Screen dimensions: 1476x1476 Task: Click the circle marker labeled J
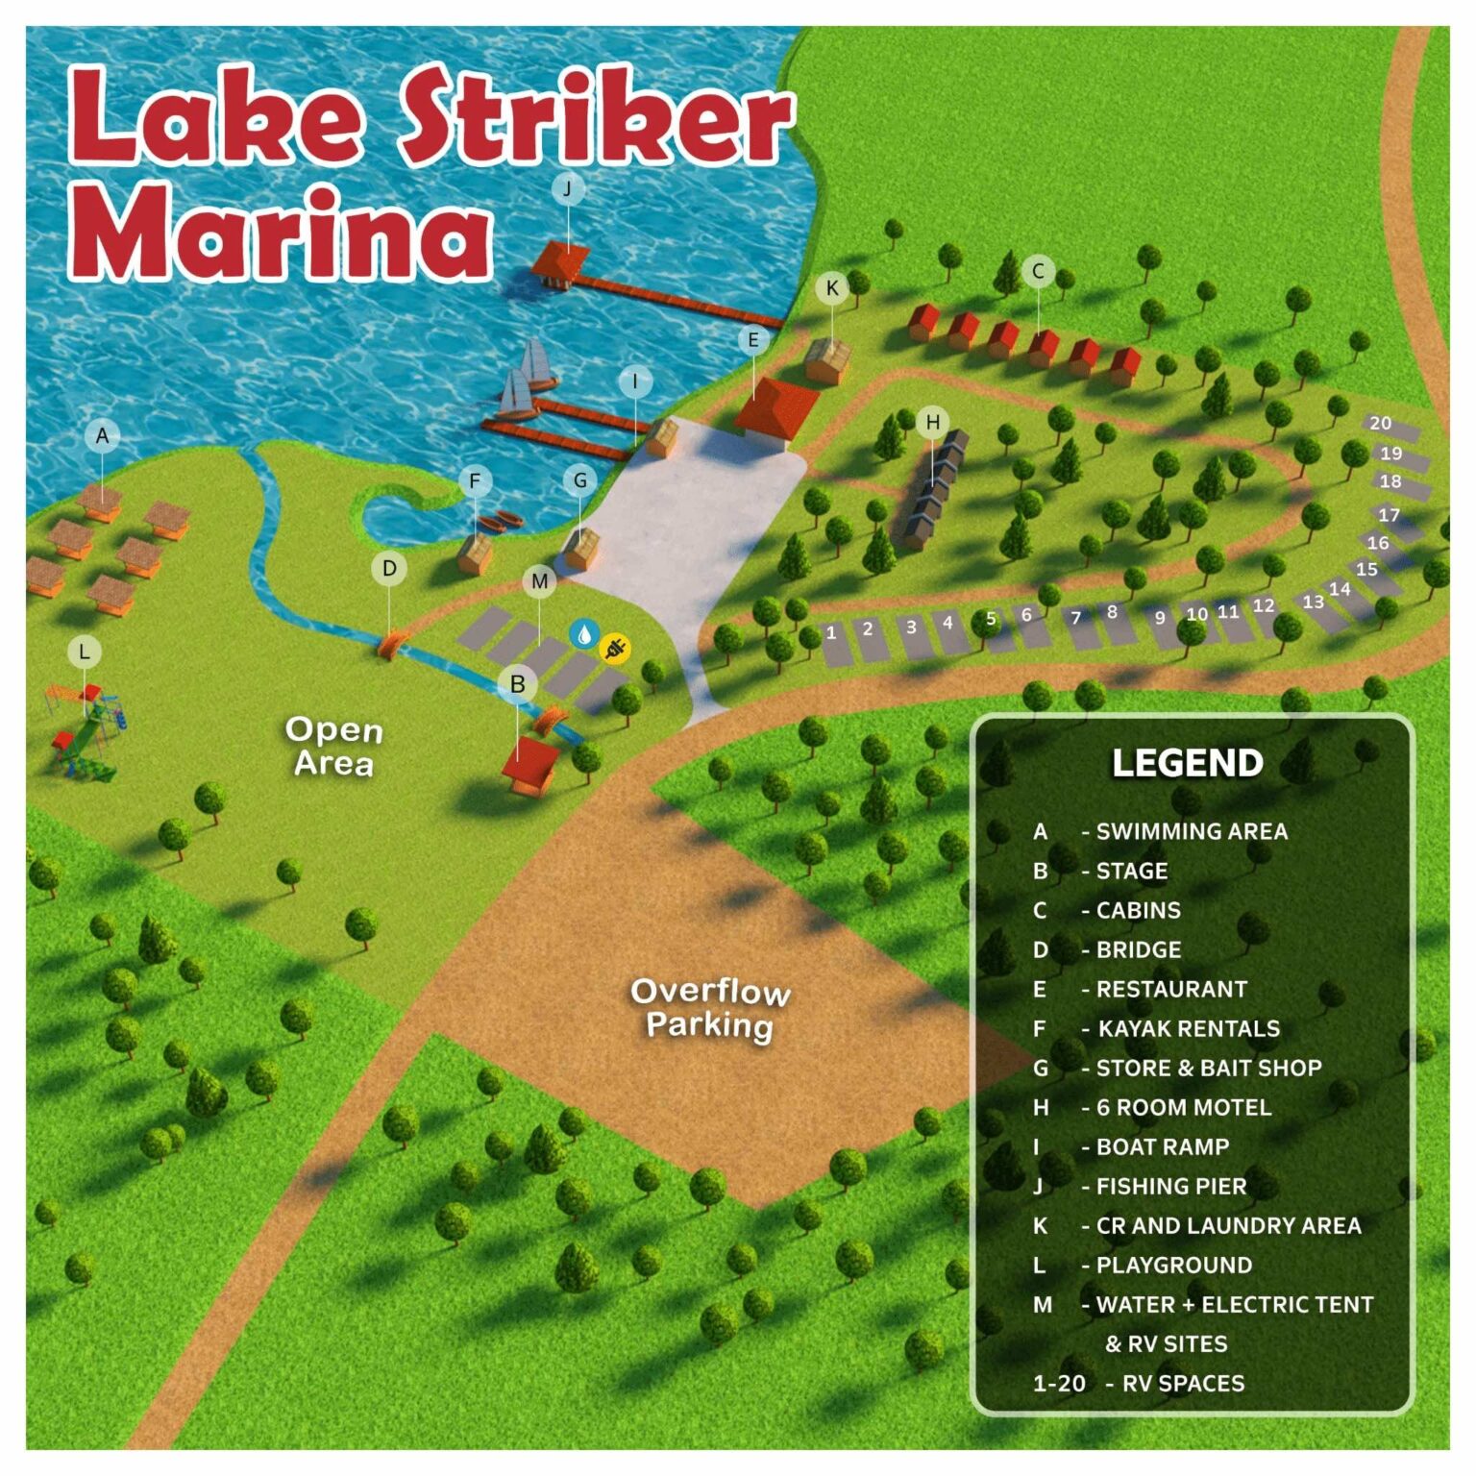[567, 189]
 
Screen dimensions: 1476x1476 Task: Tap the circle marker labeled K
[832, 287]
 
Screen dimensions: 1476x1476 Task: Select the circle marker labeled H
[932, 422]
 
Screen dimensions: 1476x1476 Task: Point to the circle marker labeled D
[389, 568]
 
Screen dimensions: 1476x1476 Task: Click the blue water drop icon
[584, 633]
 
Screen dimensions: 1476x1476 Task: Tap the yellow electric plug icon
[615, 649]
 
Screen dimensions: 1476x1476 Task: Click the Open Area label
[333, 746]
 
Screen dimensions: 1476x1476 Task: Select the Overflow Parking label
[710, 1008]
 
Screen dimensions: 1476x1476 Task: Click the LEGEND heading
[1187, 763]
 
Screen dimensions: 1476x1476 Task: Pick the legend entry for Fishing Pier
[1170, 1187]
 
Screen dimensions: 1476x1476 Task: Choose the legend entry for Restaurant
[1170, 989]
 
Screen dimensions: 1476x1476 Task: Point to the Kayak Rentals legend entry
[1188, 1028]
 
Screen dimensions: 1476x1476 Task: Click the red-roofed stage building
[529, 765]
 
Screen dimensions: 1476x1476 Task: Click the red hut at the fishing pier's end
[560, 260]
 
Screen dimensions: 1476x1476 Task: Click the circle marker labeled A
[102, 436]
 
